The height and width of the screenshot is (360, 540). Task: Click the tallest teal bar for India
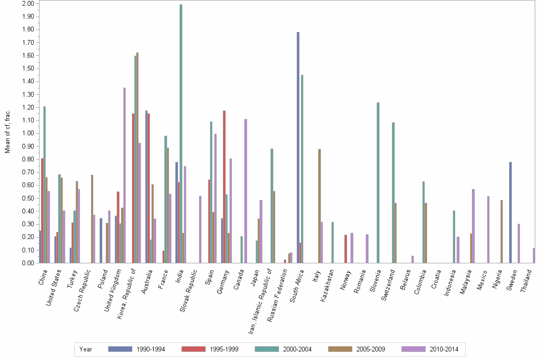point(181,133)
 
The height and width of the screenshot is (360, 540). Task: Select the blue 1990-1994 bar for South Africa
point(298,148)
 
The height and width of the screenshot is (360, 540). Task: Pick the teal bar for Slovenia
point(378,183)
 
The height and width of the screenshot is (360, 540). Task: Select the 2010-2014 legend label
point(443,349)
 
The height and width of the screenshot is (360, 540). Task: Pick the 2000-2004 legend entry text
point(297,349)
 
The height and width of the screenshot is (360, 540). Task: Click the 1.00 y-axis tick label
point(28,133)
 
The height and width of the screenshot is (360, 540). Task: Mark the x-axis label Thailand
point(528,281)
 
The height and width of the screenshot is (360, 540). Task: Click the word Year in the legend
point(86,349)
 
